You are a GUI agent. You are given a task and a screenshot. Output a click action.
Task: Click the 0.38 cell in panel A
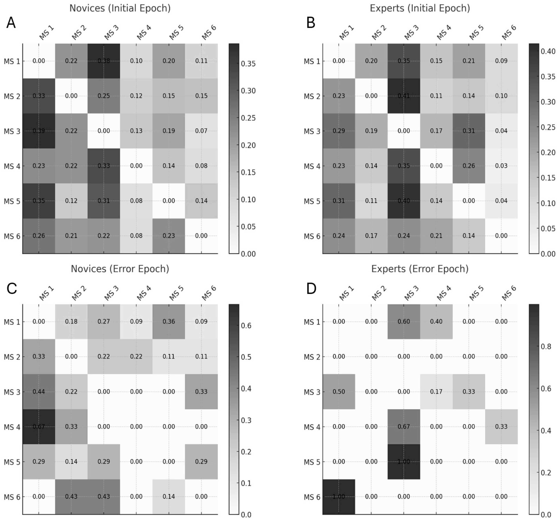point(104,61)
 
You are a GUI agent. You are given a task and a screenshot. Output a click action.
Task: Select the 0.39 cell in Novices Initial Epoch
point(39,131)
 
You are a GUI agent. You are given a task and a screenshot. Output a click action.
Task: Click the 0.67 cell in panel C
point(39,426)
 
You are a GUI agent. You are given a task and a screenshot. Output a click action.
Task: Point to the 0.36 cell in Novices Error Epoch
point(169,322)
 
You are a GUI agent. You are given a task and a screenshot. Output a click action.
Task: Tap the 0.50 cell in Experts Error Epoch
point(339,392)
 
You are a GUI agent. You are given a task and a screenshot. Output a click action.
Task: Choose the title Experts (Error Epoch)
point(420,269)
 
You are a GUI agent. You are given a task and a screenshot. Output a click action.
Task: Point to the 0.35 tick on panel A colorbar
point(248,64)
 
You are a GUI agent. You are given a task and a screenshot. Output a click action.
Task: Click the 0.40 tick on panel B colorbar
point(548,51)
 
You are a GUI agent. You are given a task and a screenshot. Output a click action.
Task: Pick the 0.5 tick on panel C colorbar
point(246,357)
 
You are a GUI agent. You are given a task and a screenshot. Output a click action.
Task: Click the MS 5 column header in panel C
point(176,293)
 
